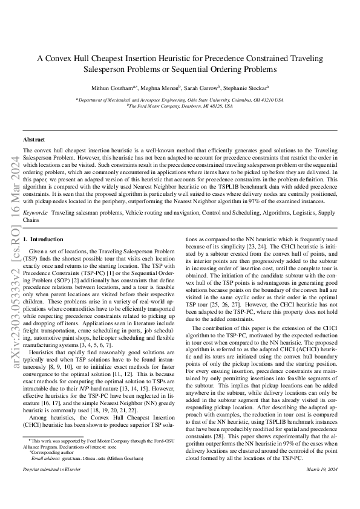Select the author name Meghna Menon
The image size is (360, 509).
[171, 87]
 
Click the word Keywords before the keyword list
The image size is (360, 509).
[35, 213]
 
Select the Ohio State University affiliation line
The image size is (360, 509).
[179, 99]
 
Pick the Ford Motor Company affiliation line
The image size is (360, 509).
[179, 105]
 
